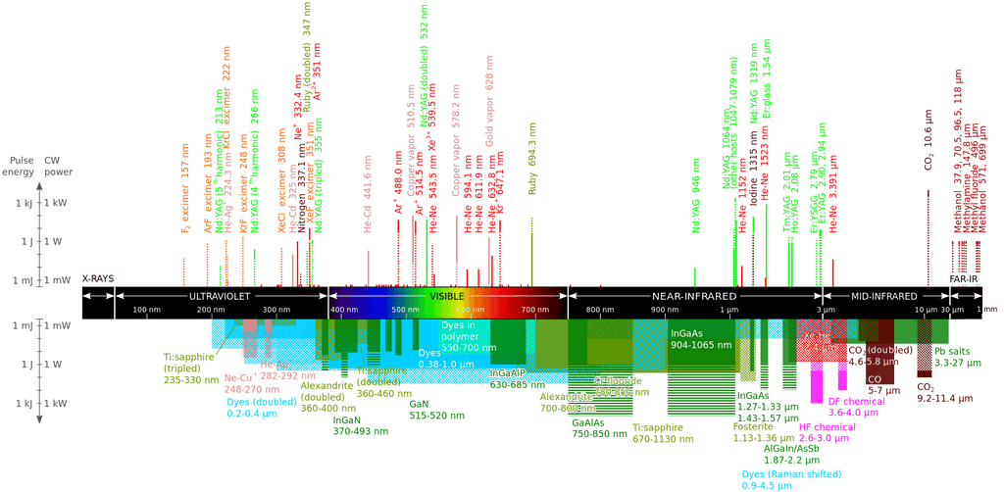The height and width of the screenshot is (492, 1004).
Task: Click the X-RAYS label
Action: tap(97, 277)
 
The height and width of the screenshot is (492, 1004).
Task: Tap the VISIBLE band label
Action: tap(448, 295)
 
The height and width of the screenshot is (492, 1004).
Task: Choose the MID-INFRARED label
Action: tap(883, 295)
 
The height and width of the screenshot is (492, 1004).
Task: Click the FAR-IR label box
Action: tap(964, 278)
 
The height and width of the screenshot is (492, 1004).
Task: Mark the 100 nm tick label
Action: tap(146, 310)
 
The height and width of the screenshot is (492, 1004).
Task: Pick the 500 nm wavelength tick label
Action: tap(405, 310)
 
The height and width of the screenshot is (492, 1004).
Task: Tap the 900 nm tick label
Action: tap(665, 310)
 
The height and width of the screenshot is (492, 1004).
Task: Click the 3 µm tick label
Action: tap(823, 310)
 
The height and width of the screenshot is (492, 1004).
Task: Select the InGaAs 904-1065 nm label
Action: tap(700, 339)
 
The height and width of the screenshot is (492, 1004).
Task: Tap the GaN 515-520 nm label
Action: tap(428, 410)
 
